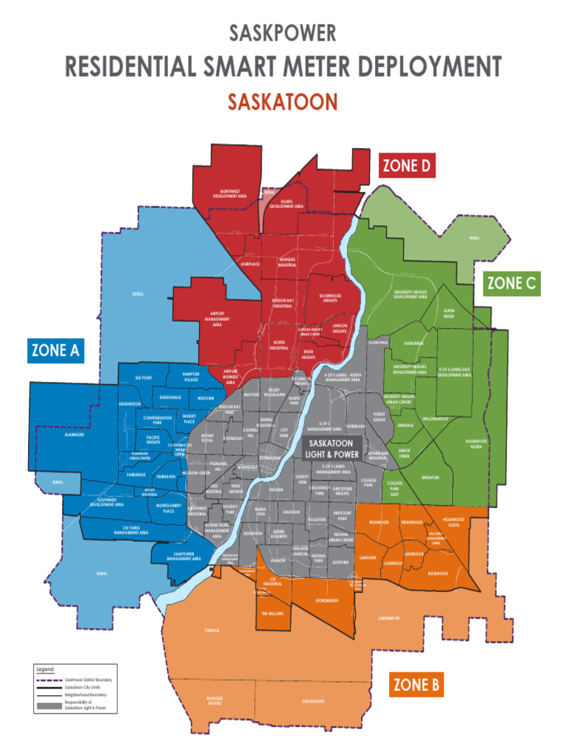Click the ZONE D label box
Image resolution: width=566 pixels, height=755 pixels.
coord(407,166)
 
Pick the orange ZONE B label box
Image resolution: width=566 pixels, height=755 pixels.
coord(416,686)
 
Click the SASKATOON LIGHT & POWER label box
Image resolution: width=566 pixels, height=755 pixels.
coord(334,448)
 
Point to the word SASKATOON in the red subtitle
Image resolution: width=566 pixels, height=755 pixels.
coord(282,102)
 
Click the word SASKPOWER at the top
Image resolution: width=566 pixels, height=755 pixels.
coord(283,33)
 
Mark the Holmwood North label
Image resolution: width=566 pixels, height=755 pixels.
coord(477,444)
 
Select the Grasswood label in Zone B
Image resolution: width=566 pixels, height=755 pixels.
coord(313,701)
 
